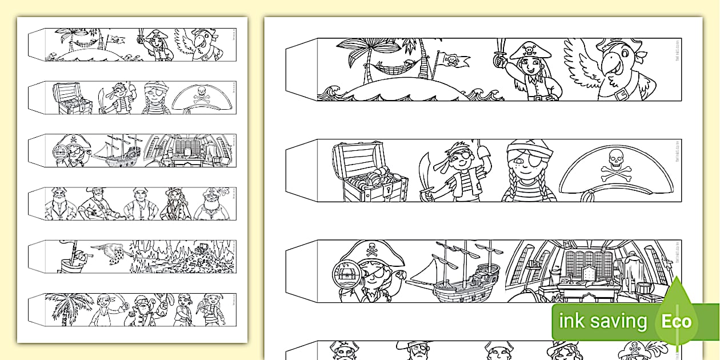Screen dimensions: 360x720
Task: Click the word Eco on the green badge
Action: (677, 321)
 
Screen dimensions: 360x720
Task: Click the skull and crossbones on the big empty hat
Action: (616, 163)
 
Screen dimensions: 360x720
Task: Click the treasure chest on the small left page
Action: (71, 98)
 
